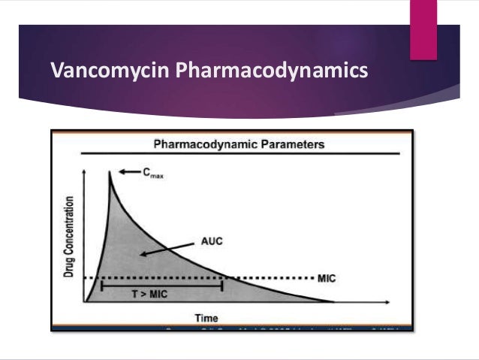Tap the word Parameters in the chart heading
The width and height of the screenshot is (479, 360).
click(x=288, y=143)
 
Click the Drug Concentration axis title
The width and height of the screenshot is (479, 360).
click(x=70, y=237)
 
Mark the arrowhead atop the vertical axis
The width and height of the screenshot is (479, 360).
click(x=86, y=171)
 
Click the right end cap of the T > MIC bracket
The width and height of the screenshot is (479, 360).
click(x=222, y=286)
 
